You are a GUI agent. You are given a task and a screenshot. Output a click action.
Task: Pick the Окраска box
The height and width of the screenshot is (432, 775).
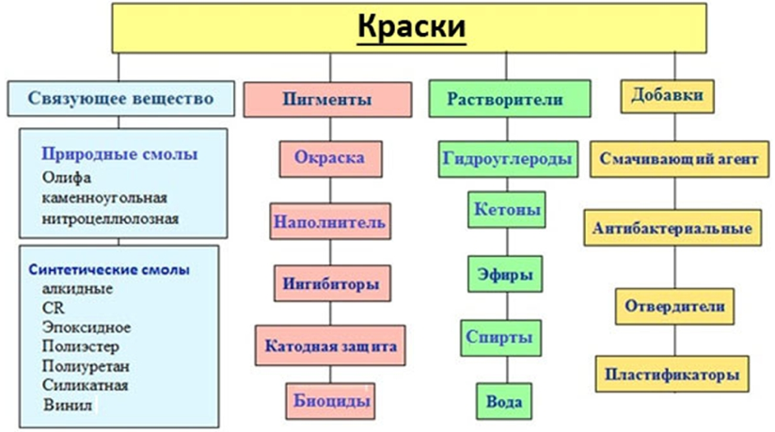[323, 158]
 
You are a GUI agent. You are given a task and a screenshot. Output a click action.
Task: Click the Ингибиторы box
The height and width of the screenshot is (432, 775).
[326, 281]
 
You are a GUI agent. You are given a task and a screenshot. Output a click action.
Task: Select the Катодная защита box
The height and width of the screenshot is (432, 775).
[330, 344]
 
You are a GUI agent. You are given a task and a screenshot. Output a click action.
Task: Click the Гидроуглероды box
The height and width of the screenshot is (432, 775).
[507, 159]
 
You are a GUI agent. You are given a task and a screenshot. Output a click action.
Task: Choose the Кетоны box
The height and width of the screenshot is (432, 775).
[506, 209]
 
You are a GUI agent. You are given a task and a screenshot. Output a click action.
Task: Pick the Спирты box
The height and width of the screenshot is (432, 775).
[506, 335]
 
